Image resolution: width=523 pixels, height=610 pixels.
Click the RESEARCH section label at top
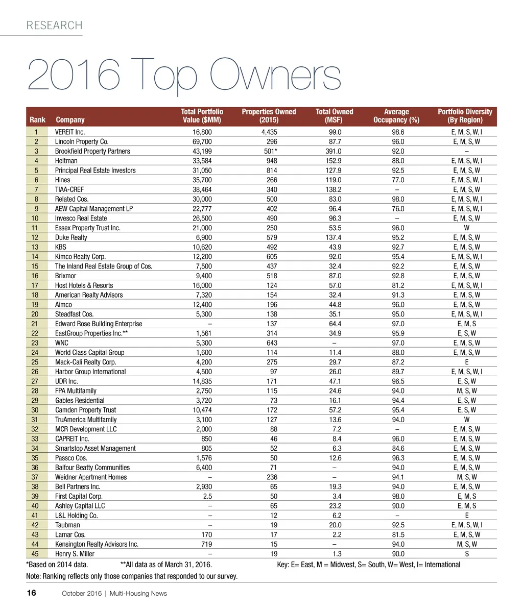(x=54, y=26)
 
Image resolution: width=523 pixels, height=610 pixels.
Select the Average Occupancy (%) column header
(x=396, y=116)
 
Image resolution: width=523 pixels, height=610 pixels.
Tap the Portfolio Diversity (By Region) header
(x=465, y=116)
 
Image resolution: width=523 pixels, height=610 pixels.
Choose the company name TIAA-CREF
(x=69, y=189)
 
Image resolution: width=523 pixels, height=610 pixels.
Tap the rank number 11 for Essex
(x=36, y=228)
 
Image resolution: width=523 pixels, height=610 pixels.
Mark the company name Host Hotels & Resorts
(x=84, y=285)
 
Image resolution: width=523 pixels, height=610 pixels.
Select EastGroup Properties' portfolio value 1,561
(x=203, y=333)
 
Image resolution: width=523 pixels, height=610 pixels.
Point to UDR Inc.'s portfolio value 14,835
(x=202, y=381)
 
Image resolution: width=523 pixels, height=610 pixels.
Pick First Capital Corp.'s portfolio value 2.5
(x=207, y=496)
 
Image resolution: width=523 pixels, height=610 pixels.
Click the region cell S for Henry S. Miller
(x=467, y=554)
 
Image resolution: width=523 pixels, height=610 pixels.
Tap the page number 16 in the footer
(x=31, y=593)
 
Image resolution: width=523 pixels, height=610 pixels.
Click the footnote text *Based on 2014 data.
(x=57, y=565)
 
